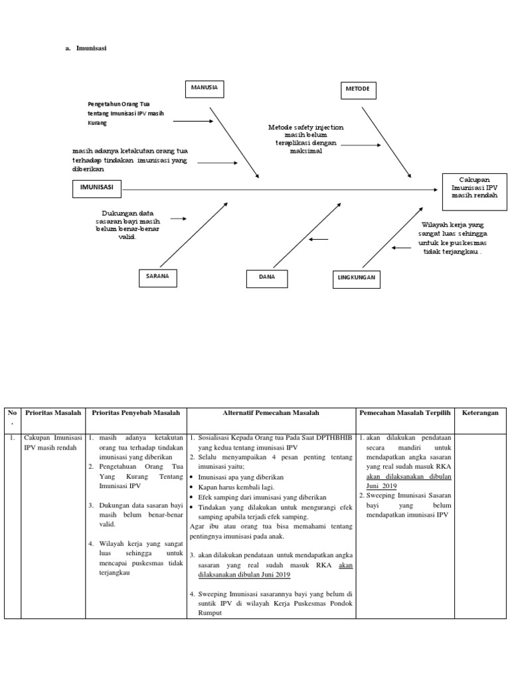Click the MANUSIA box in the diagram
coord(205,88)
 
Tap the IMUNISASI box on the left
coord(96,189)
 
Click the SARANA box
coord(157,276)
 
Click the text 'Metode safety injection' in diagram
coord(305,127)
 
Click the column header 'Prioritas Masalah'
coord(52,413)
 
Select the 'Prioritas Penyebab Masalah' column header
coord(135,413)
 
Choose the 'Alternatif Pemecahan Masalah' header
coord(271,413)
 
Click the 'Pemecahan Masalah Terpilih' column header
coord(404,413)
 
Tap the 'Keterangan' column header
coord(479,413)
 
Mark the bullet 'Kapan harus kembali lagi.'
coord(236,487)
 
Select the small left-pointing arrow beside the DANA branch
coord(319,240)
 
